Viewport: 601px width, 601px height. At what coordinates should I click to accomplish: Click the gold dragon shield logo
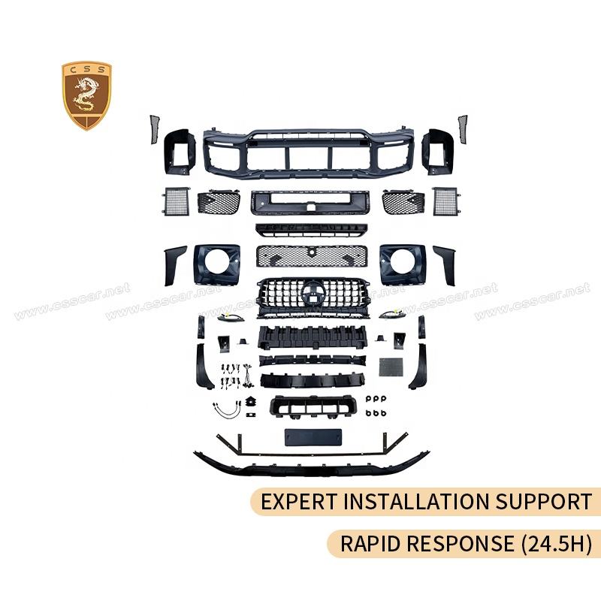click(x=86, y=95)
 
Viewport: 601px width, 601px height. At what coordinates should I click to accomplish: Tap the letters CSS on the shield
click(x=86, y=71)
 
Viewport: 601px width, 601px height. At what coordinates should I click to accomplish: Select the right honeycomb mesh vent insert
click(x=402, y=202)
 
